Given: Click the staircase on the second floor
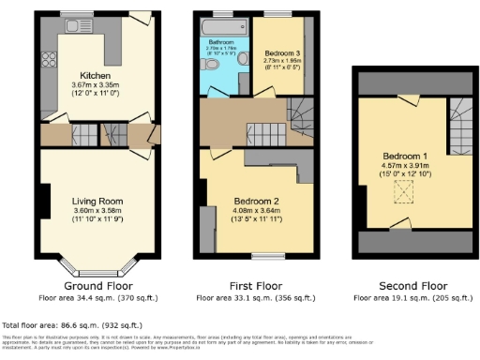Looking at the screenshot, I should (x=459, y=127).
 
